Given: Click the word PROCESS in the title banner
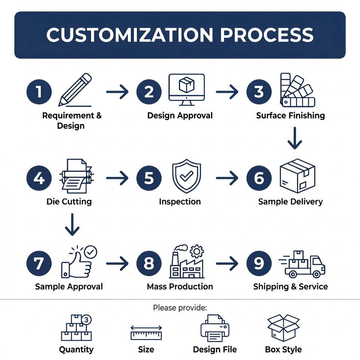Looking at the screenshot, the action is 267,34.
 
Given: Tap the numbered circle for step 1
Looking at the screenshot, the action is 39,92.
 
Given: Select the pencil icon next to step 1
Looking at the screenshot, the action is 75,90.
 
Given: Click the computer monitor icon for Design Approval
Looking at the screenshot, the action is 186,90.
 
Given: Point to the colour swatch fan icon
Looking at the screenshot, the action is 297,90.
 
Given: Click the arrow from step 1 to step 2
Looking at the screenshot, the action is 117,92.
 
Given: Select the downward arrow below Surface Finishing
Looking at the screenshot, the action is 295,138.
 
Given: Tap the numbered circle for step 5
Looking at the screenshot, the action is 149,178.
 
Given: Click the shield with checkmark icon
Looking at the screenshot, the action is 186,175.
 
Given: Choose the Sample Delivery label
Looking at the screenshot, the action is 290,202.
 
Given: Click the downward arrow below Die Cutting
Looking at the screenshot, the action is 72,224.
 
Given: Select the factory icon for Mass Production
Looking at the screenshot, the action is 187,261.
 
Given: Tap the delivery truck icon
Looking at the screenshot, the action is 302,264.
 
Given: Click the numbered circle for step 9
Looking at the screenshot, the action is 259,263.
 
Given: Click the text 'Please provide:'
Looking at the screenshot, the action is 180,307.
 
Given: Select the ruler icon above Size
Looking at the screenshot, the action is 146,333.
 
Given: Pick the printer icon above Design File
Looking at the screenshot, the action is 215,328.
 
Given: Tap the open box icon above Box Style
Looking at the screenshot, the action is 283,328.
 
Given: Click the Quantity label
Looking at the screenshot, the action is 76,349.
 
